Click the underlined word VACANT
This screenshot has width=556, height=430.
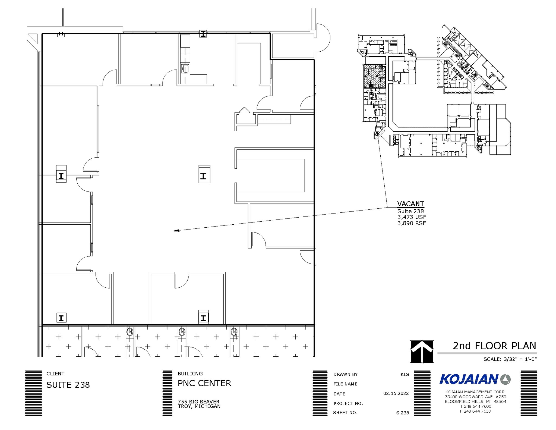(410, 204)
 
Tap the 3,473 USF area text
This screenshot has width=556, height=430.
(412, 217)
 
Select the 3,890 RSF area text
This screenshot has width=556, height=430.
(412, 223)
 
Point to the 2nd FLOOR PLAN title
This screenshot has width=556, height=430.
(494, 346)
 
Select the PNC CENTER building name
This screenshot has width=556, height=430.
(204, 383)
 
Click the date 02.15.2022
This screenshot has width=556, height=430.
(396, 393)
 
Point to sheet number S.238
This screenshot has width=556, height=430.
(402, 413)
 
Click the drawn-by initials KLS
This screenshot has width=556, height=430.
(405, 374)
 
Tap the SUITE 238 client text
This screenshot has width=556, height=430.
(68, 385)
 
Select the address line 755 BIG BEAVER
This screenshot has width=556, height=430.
(198, 401)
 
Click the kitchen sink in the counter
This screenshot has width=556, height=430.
(185, 69)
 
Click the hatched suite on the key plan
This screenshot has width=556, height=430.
(374, 76)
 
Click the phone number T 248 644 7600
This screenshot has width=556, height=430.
(475, 406)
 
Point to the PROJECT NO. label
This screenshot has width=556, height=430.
(348, 403)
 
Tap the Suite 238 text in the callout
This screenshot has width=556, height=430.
(410, 211)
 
